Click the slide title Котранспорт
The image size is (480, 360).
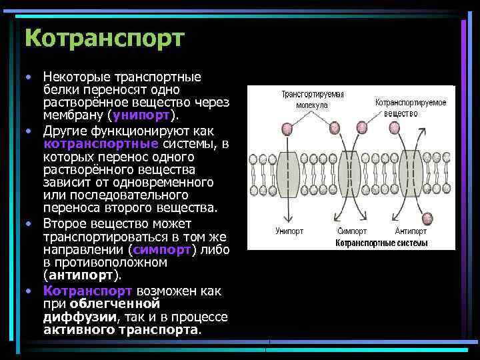[103, 37]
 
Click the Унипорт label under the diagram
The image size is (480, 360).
[289, 231]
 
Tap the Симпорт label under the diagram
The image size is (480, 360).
[351, 231]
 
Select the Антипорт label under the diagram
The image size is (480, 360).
[411, 231]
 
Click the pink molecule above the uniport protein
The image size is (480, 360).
[288, 124]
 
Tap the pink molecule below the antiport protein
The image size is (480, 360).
[425, 217]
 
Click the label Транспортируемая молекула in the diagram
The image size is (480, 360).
[312, 99]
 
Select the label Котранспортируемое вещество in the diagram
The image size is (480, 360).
[410, 107]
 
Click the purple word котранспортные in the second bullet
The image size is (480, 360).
[101, 143]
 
